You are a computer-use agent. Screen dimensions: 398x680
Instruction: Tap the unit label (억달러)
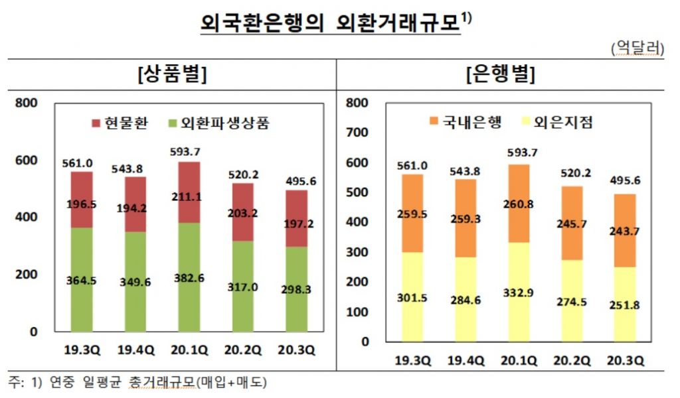pyautogui.click(x=637, y=48)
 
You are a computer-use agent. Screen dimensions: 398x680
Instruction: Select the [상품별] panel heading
pyautogui.click(x=172, y=74)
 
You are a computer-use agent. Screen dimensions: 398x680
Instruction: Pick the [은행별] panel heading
pyautogui.click(x=501, y=74)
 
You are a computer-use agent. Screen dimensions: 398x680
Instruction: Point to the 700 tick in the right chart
pyautogui.click(x=358, y=133)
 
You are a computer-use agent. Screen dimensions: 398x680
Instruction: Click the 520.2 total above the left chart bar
pyautogui.click(x=243, y=175)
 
